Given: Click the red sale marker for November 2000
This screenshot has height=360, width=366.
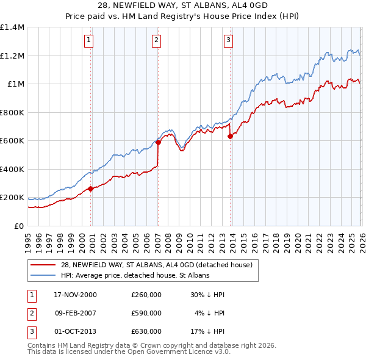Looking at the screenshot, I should click(91, 189).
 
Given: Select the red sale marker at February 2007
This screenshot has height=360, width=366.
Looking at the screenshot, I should click(157, 143).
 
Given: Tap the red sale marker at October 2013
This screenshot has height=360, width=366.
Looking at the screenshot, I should click(230, 137).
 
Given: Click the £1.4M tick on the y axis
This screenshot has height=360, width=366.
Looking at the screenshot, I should click(12, 27).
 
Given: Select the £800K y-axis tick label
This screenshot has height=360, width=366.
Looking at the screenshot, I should click(12, 112).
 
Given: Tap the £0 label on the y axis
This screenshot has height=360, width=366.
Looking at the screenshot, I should click(18, 226).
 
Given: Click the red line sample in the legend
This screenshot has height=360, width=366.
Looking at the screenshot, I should click(43, 265).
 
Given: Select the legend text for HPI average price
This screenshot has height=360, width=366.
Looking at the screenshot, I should click(135, 275).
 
